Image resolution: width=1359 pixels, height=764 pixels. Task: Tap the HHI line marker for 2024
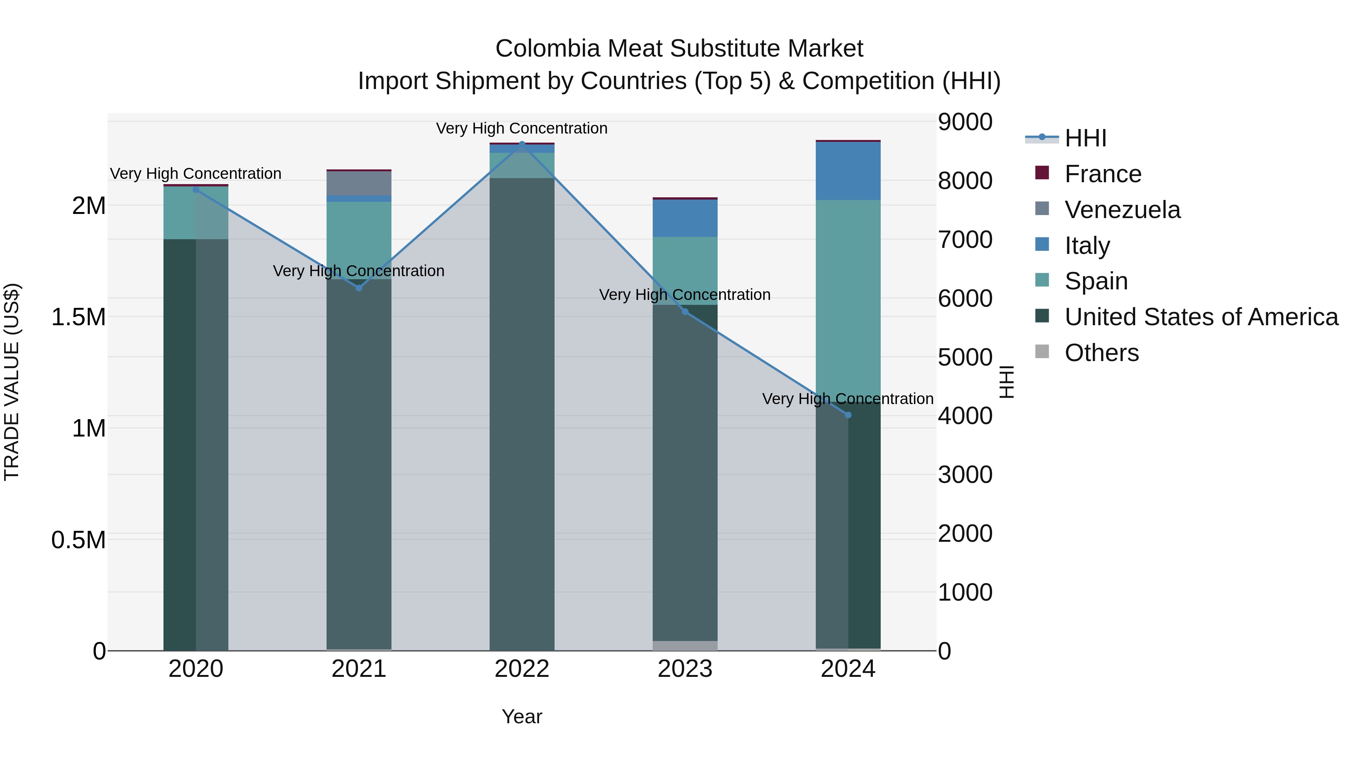[848, 415]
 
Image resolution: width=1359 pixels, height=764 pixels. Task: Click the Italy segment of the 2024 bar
[848, 171]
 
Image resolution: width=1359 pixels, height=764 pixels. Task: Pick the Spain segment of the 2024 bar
[848, 295]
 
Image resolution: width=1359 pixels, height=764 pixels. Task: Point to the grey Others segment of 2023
[685, 646]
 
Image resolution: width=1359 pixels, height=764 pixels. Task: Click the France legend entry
[1103, 174]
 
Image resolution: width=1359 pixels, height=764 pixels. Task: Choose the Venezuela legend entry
[1122, 210]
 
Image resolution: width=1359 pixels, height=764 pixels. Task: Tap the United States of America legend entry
[1201, 317]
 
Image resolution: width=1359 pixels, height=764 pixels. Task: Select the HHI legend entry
[1085, 138]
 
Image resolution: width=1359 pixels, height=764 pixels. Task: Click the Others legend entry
[1101, 353]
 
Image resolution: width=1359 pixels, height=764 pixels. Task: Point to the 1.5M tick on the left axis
[78, 317]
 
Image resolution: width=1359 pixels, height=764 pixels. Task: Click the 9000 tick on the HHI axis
[965, 122]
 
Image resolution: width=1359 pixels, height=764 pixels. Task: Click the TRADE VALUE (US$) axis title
[12, 382]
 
